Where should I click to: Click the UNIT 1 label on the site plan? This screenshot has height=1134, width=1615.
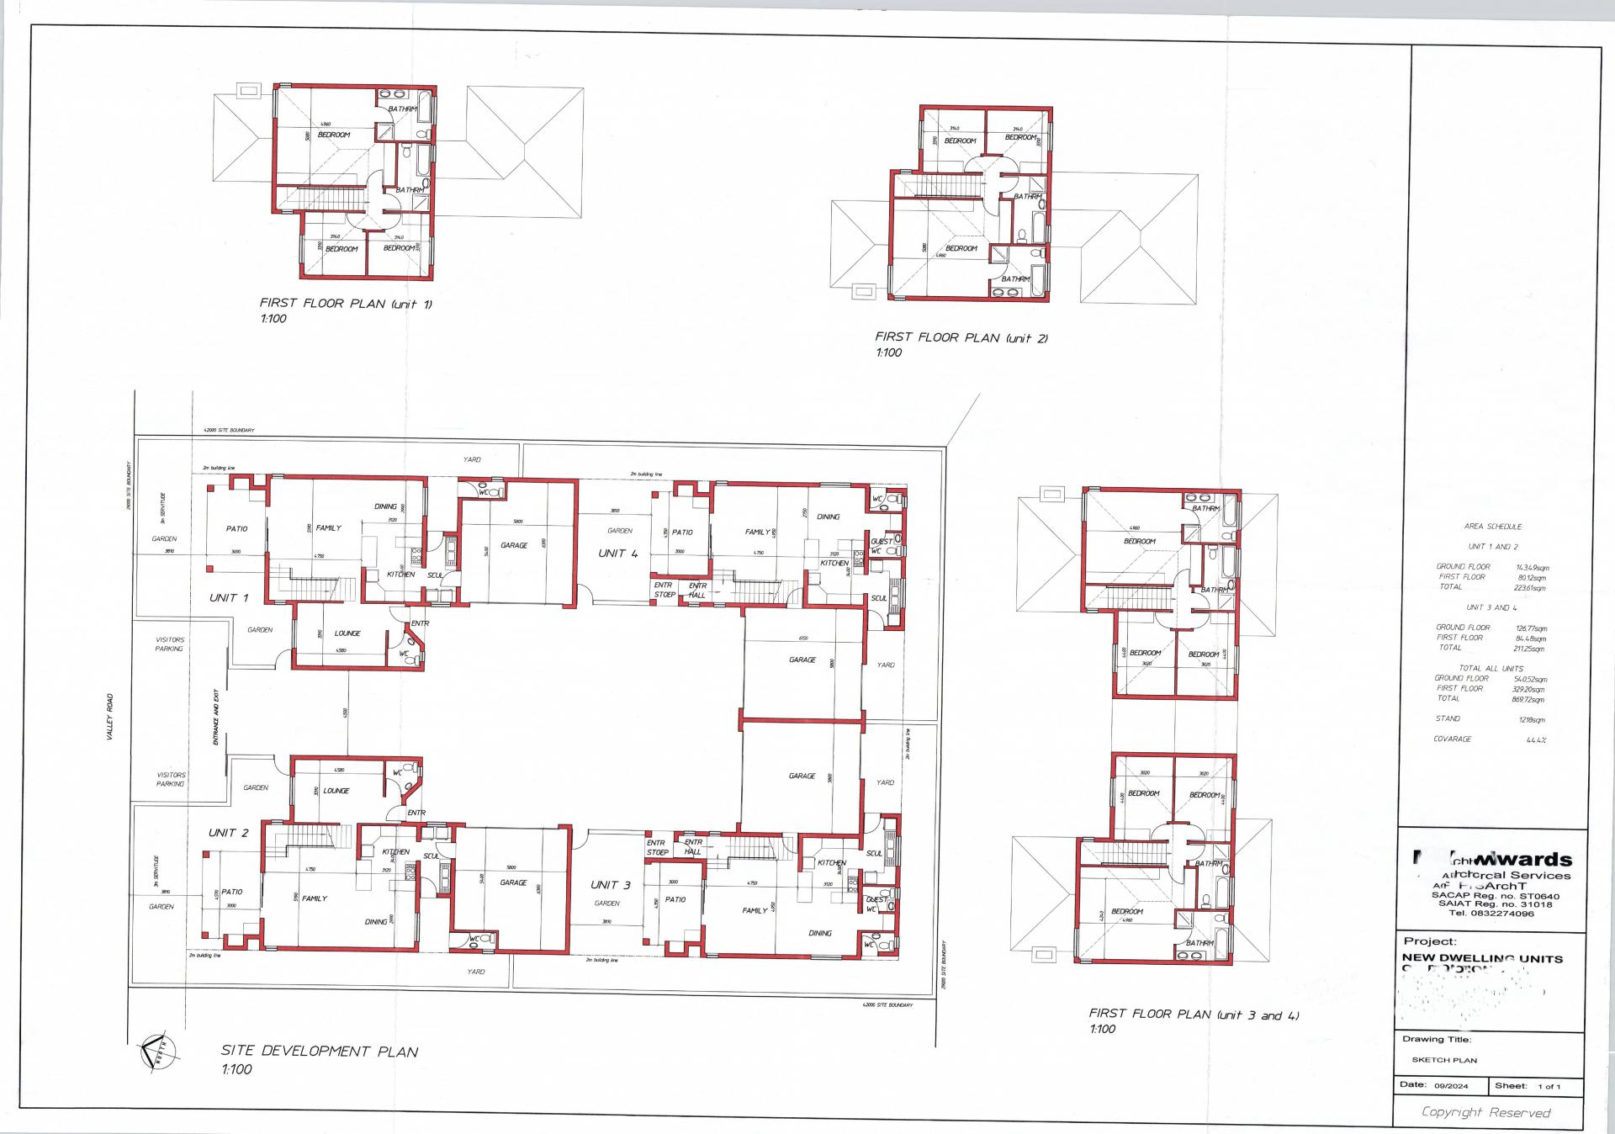click(229, 598)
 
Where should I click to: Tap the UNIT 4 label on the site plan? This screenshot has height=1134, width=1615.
click(618, 554)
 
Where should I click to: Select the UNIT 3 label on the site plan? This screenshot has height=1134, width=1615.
click(611, 885)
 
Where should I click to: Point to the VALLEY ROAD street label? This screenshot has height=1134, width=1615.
click(109, 717)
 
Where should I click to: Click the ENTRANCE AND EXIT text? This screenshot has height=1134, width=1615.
click(216, 717)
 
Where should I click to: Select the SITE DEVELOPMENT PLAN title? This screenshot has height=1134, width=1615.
click(320, 1052)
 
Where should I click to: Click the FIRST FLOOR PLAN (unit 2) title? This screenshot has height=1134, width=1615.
click(961, 338)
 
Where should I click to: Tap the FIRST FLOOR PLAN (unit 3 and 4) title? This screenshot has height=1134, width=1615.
click(1194, 1015)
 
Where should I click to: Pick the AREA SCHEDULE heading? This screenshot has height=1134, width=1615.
click(1493, 527)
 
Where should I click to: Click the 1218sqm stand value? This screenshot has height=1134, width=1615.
click(1532, 720)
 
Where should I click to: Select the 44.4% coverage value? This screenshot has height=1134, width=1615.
click(1536, 740)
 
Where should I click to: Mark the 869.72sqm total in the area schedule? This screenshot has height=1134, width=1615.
click(1528, 700)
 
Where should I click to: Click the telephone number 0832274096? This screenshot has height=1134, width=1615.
click(1503, 914)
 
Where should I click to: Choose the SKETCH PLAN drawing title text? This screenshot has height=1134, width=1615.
click(1444, 1060)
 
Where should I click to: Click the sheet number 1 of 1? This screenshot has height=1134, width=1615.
click(1549, 1086)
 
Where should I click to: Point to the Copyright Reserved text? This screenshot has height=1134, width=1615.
click(1485, 1113)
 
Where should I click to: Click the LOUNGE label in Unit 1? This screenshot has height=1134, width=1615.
click(347, 633)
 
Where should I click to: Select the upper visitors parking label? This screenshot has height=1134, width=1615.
click(169, 644)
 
